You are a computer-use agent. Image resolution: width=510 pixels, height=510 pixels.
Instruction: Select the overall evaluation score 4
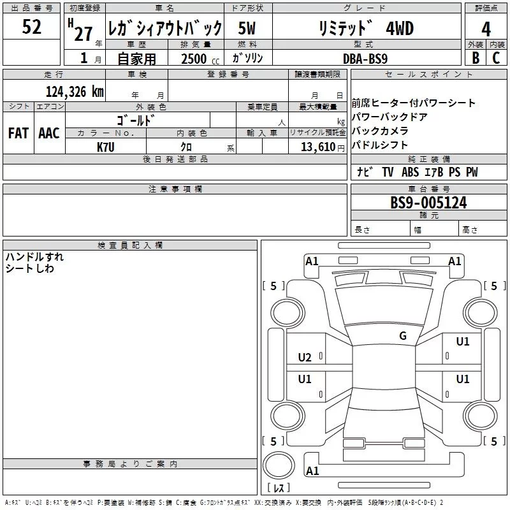coord(486,29)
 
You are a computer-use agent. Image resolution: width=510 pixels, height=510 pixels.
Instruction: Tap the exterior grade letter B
coord(475,57)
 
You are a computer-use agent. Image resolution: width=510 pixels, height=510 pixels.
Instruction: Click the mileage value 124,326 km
coord(74,91)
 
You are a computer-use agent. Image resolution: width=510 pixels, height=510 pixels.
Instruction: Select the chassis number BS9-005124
coord(428,203)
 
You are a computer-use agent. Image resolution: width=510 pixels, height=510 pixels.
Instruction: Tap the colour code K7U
coord(106,147)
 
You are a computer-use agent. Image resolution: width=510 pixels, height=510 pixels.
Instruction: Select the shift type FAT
coord(18,133)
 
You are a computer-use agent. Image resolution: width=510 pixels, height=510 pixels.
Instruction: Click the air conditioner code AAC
coord(49,133)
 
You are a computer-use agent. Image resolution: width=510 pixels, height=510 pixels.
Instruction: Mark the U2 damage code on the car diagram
coord(305,358)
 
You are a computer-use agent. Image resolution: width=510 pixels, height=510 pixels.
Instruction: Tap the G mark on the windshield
coord(402,336)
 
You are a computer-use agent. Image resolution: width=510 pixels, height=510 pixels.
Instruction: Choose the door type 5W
coord(248,29)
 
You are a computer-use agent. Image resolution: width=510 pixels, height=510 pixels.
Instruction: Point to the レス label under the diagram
coord(279,488)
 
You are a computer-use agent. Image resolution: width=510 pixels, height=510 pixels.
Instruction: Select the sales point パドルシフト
coord(380,145)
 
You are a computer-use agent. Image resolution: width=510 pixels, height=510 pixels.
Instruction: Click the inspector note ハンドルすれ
coord(34,257)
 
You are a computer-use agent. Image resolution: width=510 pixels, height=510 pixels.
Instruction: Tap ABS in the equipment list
coord(411,172)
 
